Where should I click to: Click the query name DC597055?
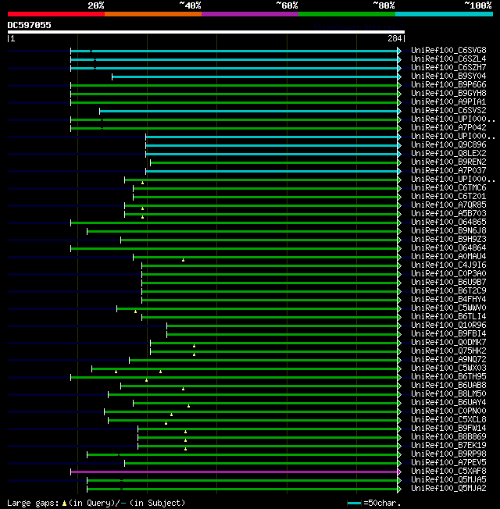coord(30,25)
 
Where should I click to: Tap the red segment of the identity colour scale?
coord(55,13)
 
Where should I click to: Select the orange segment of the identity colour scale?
coord(152,13)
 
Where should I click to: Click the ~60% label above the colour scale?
coord(287,5)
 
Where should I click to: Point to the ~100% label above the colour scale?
coord(478,5)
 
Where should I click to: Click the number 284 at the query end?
coord(395,38)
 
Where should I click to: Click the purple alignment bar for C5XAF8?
coord(234,472)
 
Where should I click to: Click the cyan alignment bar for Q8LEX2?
coord(273,153)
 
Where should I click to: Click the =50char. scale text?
coord(384,503)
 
